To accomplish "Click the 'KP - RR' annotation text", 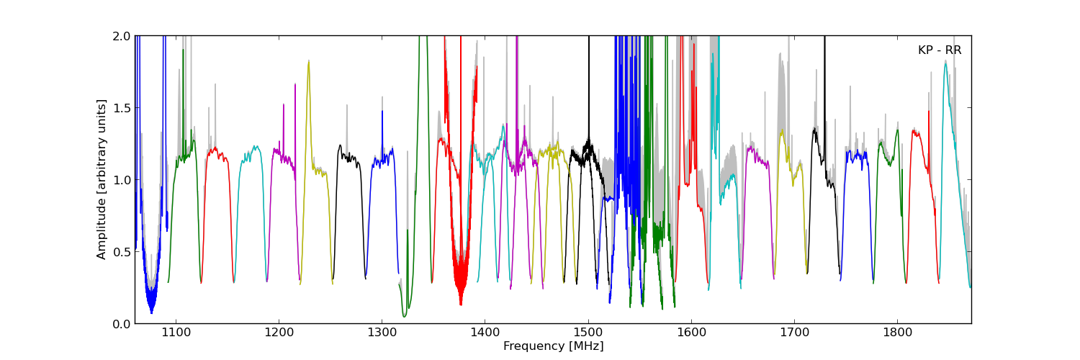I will point(939,50).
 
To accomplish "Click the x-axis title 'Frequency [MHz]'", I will point(553,346).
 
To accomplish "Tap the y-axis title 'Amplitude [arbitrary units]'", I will point(102,179).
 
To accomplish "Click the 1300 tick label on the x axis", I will point(382,333).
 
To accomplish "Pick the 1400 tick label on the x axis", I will point(485,333).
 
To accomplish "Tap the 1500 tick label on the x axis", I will point(588,333).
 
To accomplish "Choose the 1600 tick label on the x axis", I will point(691,333).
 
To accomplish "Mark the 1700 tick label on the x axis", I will point(794,333).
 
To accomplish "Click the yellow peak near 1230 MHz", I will point(308,62).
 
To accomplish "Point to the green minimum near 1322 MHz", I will point(405,315).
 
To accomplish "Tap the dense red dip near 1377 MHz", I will point(461,299).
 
